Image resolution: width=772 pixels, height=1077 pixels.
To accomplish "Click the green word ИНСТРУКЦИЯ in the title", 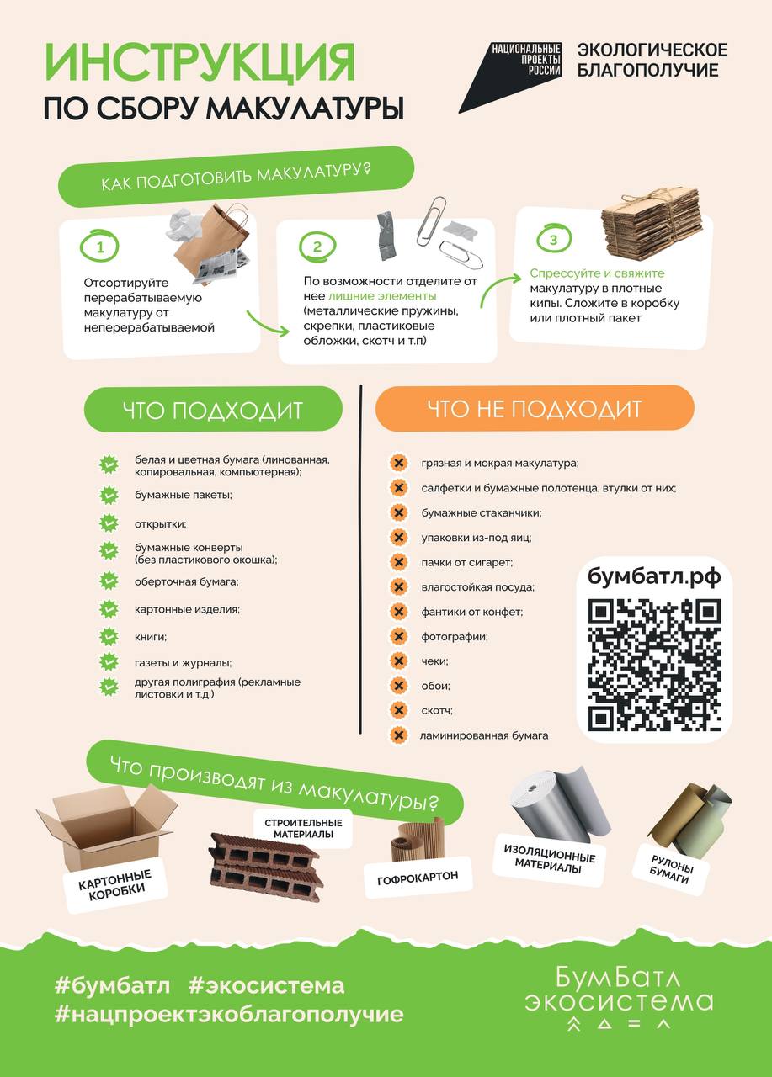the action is coord(200,62).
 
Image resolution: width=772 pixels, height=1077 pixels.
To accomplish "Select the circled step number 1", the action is coord(99,247).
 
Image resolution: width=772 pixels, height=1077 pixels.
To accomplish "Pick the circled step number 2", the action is coord(317,247).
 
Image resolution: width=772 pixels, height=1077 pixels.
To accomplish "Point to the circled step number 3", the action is coord(553,239).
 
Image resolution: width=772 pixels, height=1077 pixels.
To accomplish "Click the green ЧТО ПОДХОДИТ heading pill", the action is coord(213,410).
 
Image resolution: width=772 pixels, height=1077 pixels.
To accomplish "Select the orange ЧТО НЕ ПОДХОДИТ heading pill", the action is coord(535,409).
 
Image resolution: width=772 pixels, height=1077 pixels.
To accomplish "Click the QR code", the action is coord(655,666).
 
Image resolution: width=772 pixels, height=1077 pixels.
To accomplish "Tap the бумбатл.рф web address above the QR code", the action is coord(655,576).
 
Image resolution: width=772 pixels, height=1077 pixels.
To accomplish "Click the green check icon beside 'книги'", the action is coord(109,637).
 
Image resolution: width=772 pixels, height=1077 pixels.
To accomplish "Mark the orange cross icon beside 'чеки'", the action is coord(398,661).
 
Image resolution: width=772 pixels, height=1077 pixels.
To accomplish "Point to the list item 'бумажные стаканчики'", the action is coord(482,513).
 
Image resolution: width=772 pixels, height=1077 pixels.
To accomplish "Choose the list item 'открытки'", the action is coord(160,524).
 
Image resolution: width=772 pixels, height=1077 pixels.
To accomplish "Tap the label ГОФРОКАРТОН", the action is coord(418,878).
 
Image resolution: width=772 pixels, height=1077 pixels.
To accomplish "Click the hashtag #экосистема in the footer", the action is coord(267,985).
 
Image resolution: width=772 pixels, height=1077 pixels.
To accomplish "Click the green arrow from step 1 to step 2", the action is coord(268,324).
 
